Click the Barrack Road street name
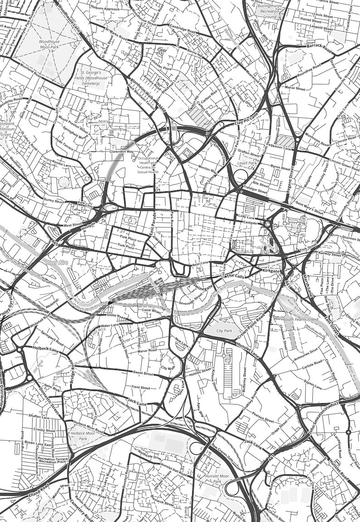coord(319,47)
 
